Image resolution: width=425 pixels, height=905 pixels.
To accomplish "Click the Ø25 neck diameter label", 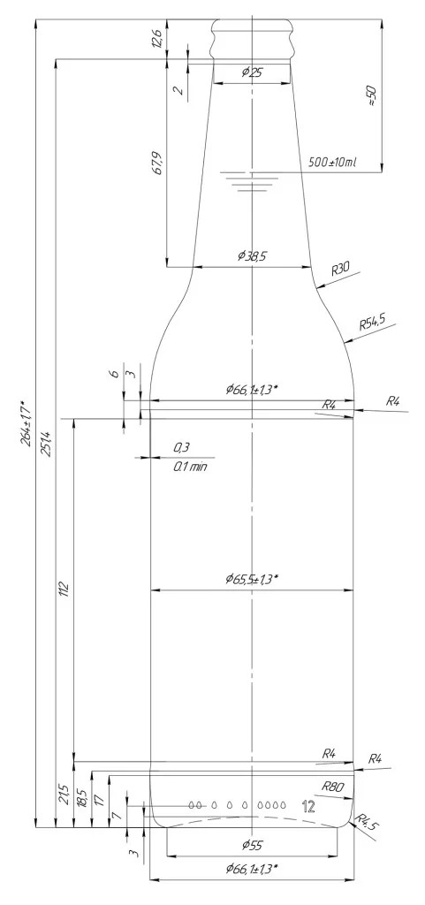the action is click(x=252, y=72).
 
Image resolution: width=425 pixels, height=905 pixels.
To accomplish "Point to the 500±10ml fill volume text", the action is click(x=332, y=163).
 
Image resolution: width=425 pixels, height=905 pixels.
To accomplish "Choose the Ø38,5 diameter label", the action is click(x=252, y=256).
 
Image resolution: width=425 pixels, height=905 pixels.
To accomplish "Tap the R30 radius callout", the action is click(x=341, y=269).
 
